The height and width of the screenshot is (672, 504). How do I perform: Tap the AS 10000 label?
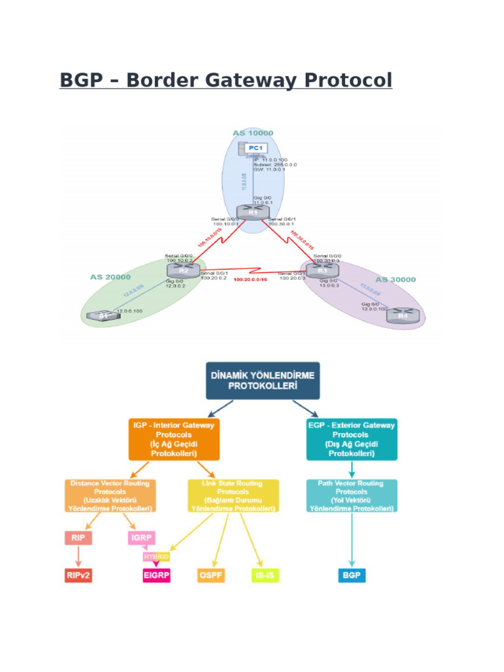253,133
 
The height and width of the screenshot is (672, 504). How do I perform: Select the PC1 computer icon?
257,150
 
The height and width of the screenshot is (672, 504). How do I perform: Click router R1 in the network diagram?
253,212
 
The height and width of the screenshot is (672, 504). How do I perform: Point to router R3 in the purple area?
322,269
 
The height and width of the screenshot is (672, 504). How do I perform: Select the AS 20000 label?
110,277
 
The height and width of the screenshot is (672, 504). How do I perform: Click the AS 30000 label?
396,279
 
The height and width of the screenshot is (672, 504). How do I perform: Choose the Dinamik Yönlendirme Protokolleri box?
262,381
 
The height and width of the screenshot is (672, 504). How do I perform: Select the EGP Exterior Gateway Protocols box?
351,439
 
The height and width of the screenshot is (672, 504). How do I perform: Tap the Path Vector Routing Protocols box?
351,495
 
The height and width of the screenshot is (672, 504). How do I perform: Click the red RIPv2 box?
78,576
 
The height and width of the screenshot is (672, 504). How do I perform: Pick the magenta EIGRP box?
156,576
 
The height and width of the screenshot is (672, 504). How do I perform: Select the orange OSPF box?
211,576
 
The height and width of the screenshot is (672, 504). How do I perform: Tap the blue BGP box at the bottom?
352,576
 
